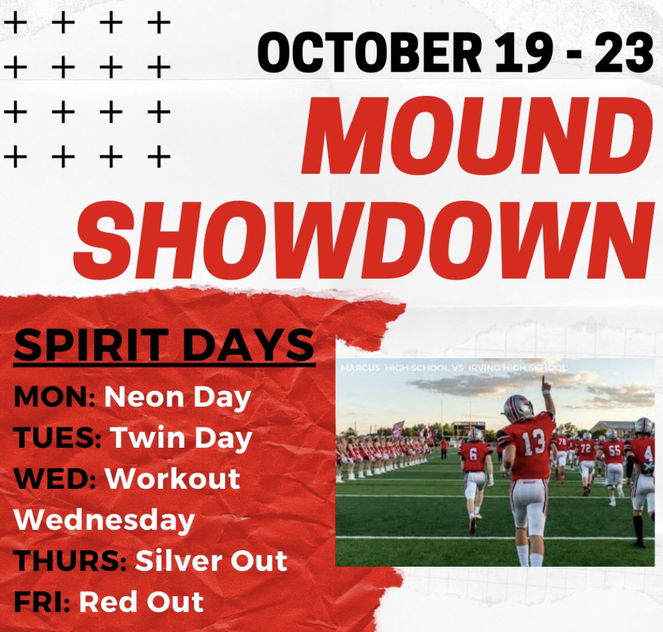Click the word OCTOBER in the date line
click(x=370, y=53)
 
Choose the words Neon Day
click(x=177, y=398)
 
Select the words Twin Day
click(x=181, y=439)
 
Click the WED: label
click(x=55, y=479)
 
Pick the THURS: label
click(x=70, y=561)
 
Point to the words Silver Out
click(x=211, y=561)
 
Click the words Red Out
click(x=141, y=601)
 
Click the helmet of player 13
click(x=519, y=408)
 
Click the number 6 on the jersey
click(x=473, y=454)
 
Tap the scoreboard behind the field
click(x=469, y=426)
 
